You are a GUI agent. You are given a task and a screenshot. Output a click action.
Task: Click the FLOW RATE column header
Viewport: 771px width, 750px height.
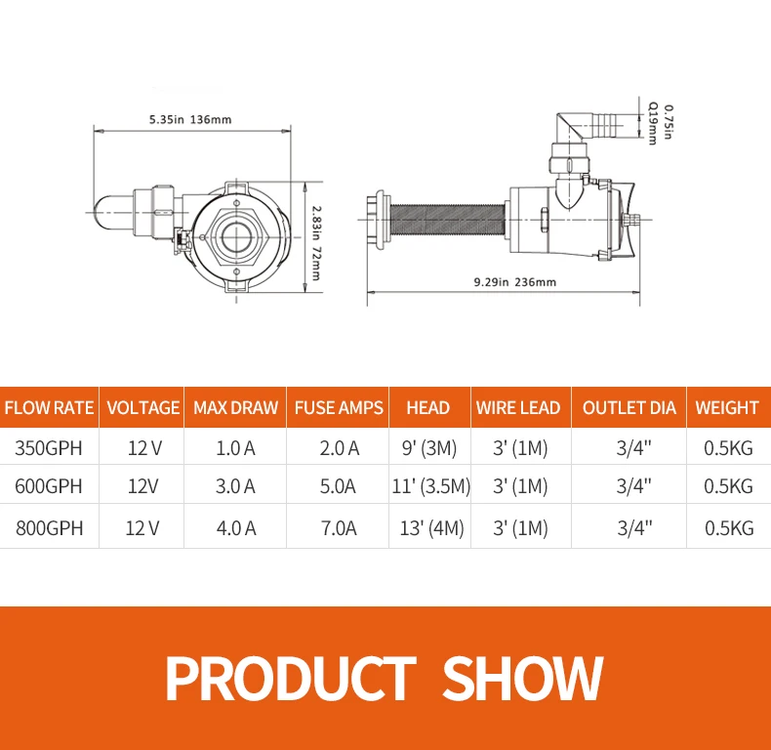(x=49, y=407)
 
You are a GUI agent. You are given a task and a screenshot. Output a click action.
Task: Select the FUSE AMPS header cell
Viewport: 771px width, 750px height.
(x=339, y=407)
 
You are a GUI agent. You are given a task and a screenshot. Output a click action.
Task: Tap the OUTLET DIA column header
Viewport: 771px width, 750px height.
(x=629, y=407)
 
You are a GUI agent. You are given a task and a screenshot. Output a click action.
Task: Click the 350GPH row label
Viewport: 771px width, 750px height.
(x=49, y=448)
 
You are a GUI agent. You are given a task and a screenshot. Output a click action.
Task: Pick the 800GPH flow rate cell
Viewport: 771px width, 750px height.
(x=49, y=528)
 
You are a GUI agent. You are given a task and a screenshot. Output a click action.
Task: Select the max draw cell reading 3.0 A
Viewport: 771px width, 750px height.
(x=235, y=486)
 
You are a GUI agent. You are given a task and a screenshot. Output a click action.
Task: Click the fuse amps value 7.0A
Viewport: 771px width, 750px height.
(x=339, y=528)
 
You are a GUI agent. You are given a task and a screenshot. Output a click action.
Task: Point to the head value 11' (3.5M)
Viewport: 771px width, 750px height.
(x=430, y=486)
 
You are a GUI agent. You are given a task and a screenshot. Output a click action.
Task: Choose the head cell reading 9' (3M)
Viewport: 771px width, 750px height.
(x=429, y=448)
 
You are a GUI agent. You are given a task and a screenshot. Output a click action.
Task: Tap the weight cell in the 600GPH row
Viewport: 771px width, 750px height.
(x=728, y=486)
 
